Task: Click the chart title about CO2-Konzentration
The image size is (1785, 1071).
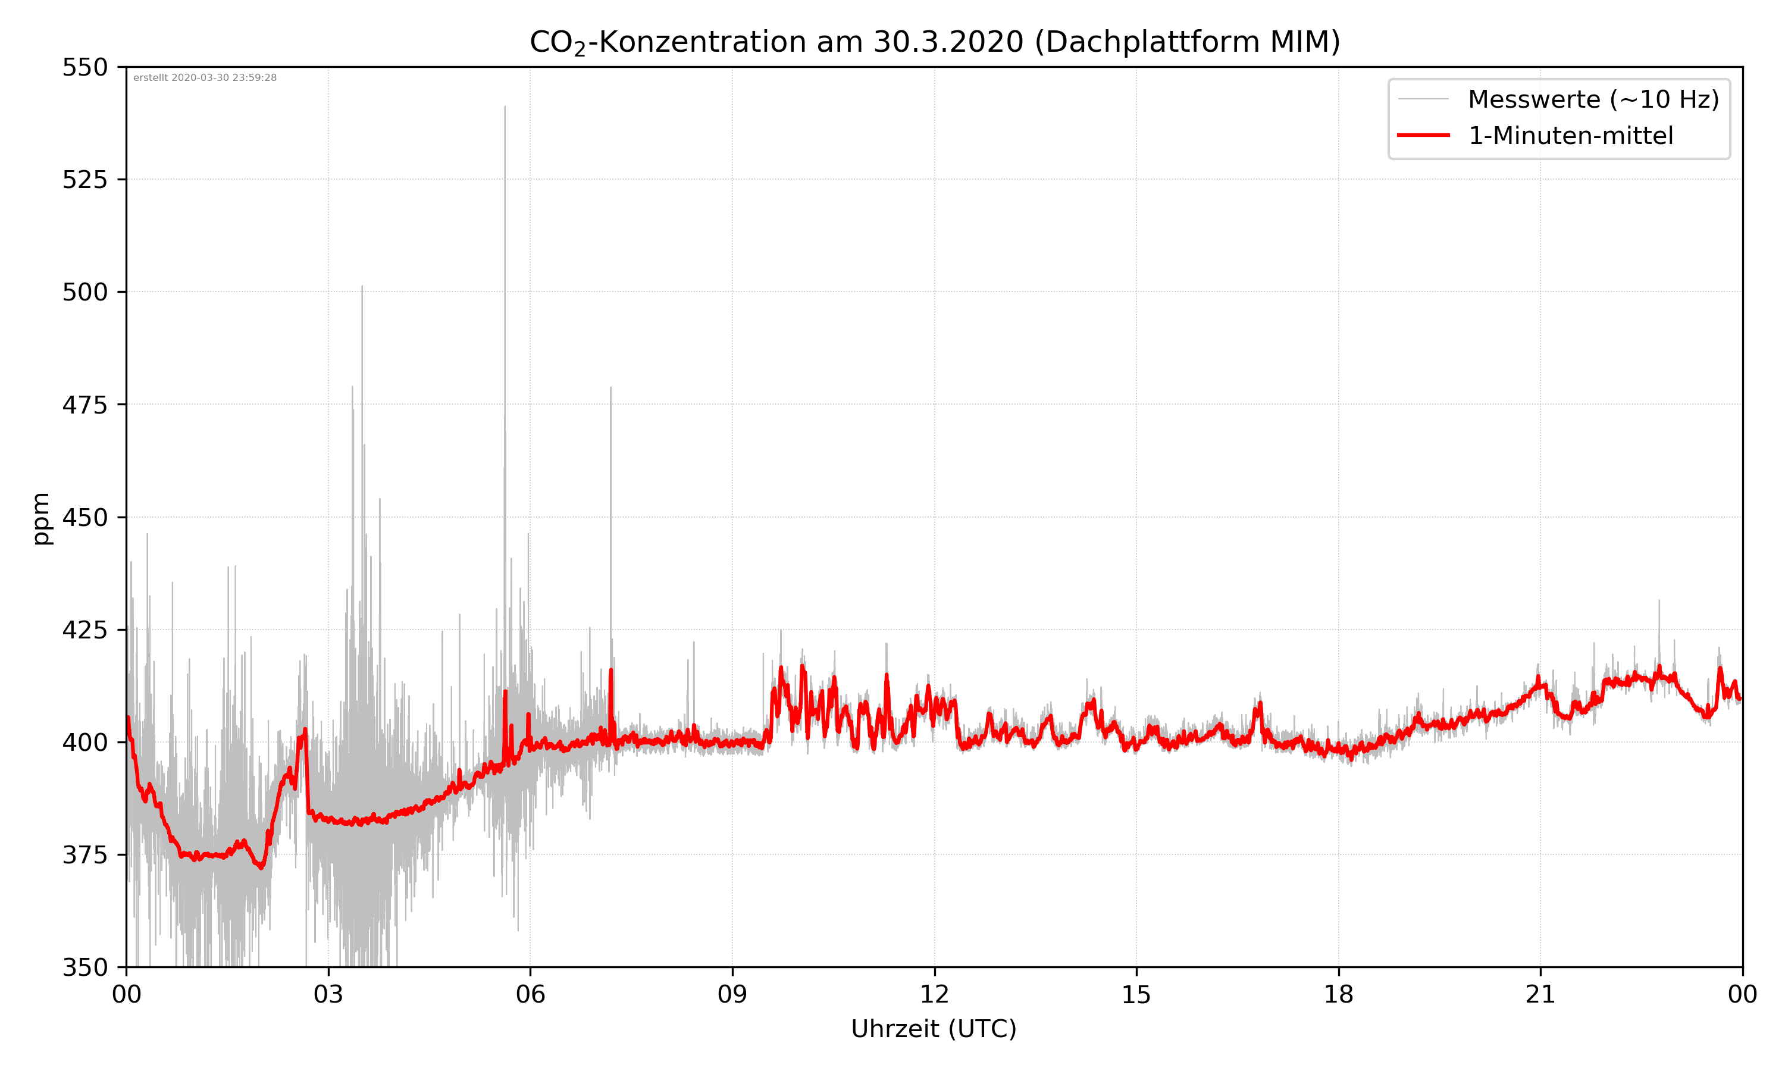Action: [x=934, y=42]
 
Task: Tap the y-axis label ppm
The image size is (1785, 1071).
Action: [x=41, y=518]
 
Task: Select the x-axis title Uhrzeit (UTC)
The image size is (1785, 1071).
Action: [x=934, y=1028]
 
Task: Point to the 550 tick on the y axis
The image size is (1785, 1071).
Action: [x=84, y=67]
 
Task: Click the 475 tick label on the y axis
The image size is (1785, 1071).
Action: [x=84, y=405]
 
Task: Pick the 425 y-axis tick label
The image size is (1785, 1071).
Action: [x=84, y=630]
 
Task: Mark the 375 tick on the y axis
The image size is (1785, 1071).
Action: [x=84, y=855]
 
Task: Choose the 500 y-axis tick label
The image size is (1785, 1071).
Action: [x=84, y=292]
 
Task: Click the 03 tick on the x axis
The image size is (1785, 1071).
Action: [x=328, y=994]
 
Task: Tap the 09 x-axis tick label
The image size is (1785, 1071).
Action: [x=732, y=994]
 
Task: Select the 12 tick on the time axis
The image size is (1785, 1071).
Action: [x=934, y=994]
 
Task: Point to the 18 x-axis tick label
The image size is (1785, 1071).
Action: [x=1338, y=994]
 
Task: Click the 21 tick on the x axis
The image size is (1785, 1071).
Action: [x=1540, y=994]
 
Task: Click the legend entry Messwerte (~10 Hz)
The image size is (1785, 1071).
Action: [x=1593, y=99]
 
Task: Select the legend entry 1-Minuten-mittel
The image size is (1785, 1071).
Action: [x=1570, y=136]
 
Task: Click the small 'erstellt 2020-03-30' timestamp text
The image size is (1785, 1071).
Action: [x=205, y=78]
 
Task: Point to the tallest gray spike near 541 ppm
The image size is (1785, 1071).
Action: [x=505, y=108]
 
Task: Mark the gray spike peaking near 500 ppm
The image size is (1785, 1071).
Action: [x=362, y=287]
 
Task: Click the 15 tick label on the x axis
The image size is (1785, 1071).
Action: [x=1136, y=994]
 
